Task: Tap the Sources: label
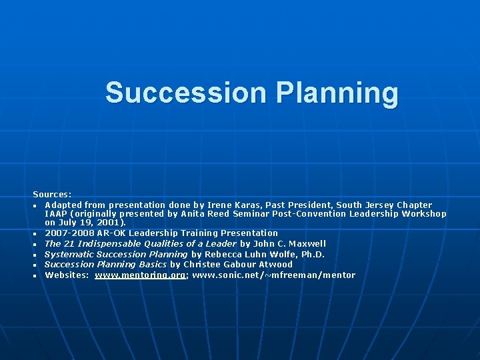(x=53, y=194)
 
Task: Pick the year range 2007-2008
(x=69, y=233)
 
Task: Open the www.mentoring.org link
(x=140, y=275)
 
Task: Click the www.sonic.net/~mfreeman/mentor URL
(x=273, y=275)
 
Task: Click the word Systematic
(x=69, y=254)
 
